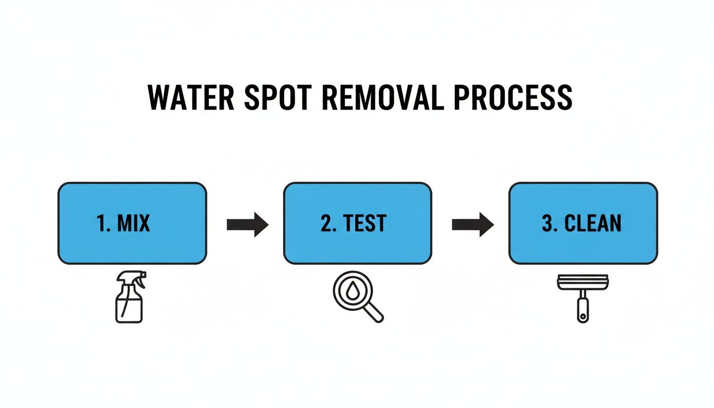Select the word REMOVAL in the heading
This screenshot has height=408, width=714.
coord(382,97)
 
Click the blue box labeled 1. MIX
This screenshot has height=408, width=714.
coord(132,223)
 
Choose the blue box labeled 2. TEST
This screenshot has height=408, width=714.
coord(358,223)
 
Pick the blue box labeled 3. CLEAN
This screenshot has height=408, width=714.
coord(583,223)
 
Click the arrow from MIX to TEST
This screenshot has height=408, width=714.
coord(248,224)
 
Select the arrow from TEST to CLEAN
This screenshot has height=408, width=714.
coord(473,224)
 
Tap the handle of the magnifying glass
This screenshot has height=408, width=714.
coord(374,313)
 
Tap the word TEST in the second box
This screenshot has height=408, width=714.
coord(365,224)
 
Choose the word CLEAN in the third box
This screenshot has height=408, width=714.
coord(592,224)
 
